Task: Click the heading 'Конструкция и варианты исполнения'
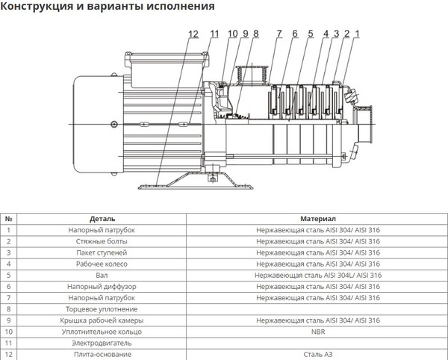[x=109, y=7]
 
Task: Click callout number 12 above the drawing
[x=194, y=34]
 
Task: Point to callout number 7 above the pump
[x=278, y=34]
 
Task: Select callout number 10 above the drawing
[x=231, y=34]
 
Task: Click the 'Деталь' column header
[x=102, y=220]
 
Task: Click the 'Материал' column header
[x=317, y=220]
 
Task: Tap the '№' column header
[x=9, y=220]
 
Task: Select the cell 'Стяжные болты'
[x=102, y=242]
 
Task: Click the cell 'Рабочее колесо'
[x=102, y=264]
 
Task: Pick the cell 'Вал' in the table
[x=102, y=276]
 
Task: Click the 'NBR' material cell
[x=317, y=332]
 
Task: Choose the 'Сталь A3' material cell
[x=317, y=354]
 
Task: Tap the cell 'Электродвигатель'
[x=102, y=343]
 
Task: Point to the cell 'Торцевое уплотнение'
[x=102, y=309]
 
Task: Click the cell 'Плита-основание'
[x=102, y=354]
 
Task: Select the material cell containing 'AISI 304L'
[x=317, y=276]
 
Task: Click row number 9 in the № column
[x=9, y=320]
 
